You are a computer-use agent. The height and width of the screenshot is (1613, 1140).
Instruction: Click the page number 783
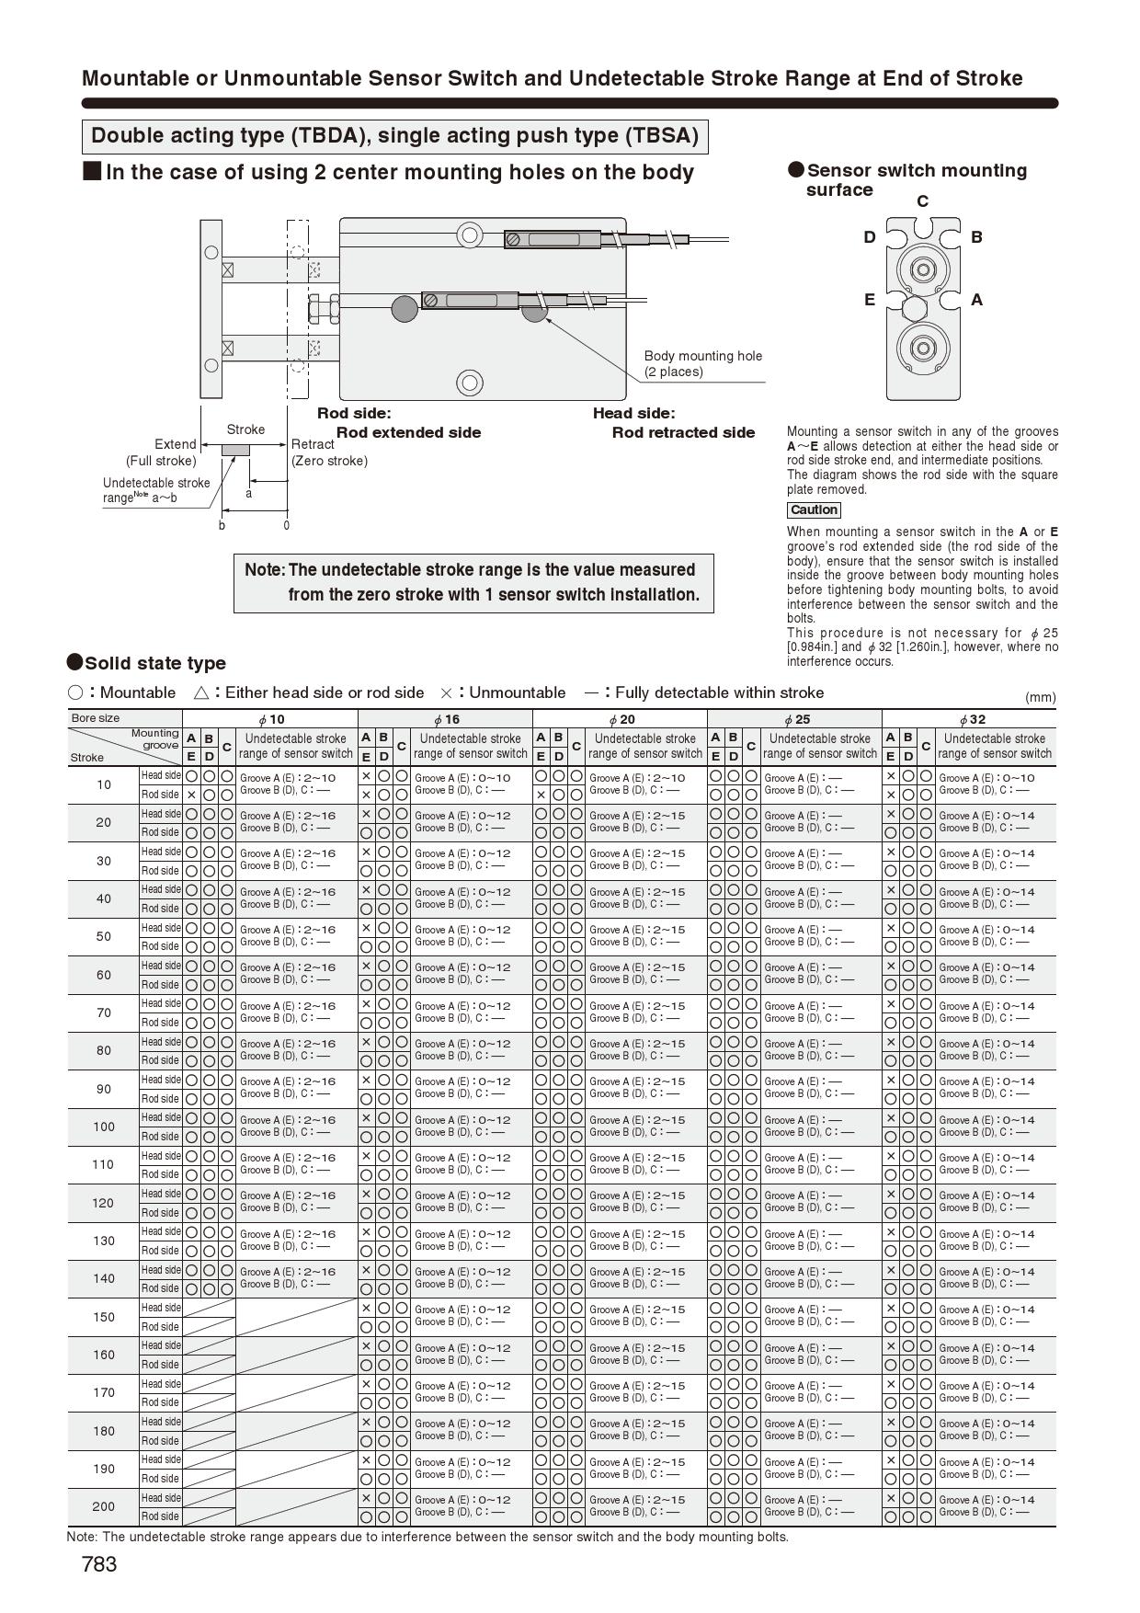[x=99, y=1564]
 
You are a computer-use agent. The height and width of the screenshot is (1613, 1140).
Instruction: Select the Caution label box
[x=814, y=510]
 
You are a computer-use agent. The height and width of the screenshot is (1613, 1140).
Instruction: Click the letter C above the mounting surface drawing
[x=922, y=201]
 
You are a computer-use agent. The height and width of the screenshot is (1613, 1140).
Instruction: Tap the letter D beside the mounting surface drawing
[x=870, y=237]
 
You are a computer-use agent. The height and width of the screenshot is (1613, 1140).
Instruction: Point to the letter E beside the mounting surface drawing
[x=869, y=300]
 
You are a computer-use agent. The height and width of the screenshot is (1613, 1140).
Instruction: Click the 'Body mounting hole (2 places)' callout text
[x=702, y=364]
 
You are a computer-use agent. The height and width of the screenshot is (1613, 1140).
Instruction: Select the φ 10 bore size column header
[x=270, y=719]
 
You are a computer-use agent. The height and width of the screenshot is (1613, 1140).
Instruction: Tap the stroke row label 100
[x=104, y=1127]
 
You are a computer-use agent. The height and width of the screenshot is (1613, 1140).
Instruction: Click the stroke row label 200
[x=104, y=1506]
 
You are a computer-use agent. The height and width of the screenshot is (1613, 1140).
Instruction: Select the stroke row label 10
[x=104, y=784]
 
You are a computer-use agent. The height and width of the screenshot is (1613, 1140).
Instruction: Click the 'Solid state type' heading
[x=154, y=663]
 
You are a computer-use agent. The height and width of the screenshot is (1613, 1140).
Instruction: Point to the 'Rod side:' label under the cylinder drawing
[x=354, y=414]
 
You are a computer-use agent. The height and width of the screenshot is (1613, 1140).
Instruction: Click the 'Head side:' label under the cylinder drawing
[x=633, y=414]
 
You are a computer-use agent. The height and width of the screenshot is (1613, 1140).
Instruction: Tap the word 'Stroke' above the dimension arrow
[x=245, y=429]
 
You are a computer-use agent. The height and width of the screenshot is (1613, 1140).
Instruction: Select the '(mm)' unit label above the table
[x=1040, y=697]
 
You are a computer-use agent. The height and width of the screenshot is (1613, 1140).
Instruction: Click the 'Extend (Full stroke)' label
[x=162, y=452]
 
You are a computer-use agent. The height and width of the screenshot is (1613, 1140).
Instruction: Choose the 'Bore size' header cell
[x=96, y=718]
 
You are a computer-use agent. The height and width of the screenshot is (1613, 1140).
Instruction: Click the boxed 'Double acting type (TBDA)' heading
[x=394, y=136]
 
